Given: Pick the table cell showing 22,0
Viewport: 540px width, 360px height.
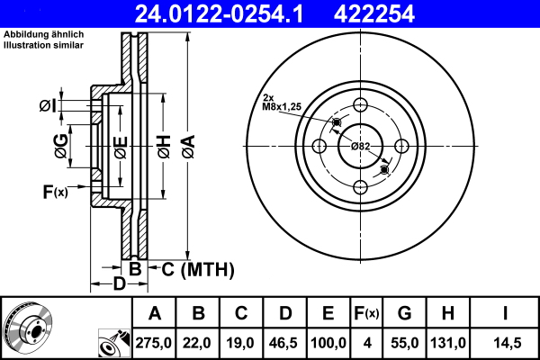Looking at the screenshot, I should [x=198, y=343].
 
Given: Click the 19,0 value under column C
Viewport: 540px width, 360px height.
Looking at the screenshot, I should [x=241, y=343].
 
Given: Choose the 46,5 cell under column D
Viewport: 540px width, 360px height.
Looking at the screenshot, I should [x=284, y=343].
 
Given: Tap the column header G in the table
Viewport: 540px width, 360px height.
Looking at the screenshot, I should [x=404, y=314].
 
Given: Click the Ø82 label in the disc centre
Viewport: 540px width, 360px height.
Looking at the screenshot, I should [x=360, y=146].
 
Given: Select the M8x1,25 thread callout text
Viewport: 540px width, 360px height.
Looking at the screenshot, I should [x=282, y=106].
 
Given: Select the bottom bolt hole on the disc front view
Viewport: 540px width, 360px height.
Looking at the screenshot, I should [x=360, y=187].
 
